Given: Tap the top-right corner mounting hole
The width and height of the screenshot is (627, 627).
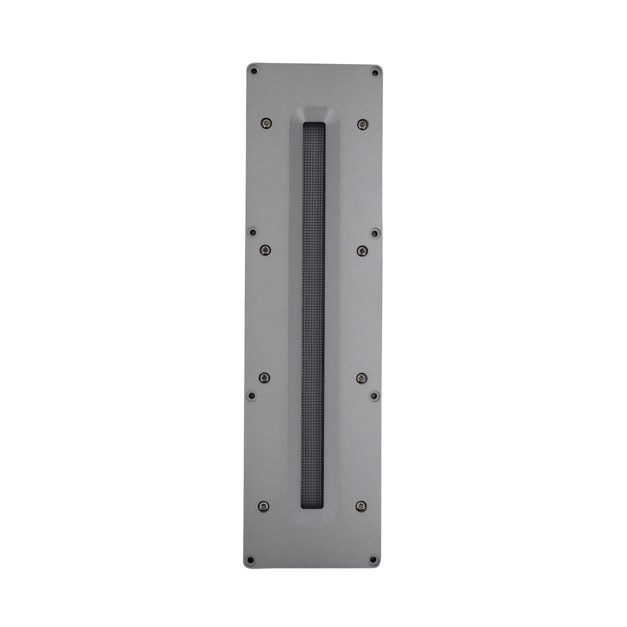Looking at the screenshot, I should [375, 73].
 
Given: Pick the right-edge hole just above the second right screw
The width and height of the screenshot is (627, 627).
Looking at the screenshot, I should [374, 233].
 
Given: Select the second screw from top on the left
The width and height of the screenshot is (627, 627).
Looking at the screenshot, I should [265, 249].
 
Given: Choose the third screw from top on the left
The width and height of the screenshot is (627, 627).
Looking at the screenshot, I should [264, 377].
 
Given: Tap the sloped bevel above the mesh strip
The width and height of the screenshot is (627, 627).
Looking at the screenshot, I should [314, 114].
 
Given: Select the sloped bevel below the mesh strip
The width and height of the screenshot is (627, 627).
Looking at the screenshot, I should [313, 514].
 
